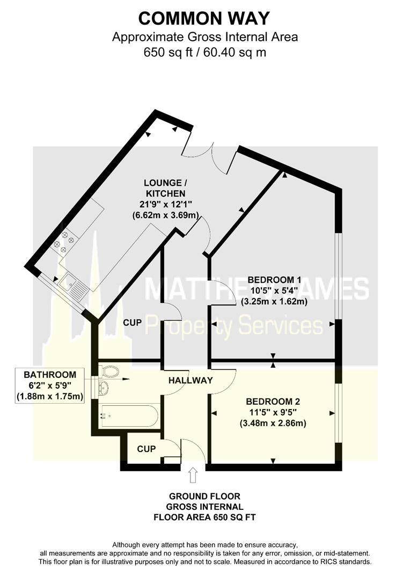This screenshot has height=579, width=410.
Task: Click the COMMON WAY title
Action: coord(204,18)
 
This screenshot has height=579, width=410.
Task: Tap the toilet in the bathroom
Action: coord(110,371)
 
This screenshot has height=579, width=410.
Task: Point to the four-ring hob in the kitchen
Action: coord(63,241)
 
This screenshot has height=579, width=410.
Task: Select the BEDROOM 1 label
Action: coord(274,279)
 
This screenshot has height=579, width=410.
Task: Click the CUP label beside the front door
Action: coord(147,449)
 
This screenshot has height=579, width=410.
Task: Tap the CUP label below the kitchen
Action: coord(133,323)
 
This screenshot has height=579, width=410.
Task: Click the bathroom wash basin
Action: coord(103,388)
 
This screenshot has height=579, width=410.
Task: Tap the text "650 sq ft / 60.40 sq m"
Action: coord(204,53)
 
